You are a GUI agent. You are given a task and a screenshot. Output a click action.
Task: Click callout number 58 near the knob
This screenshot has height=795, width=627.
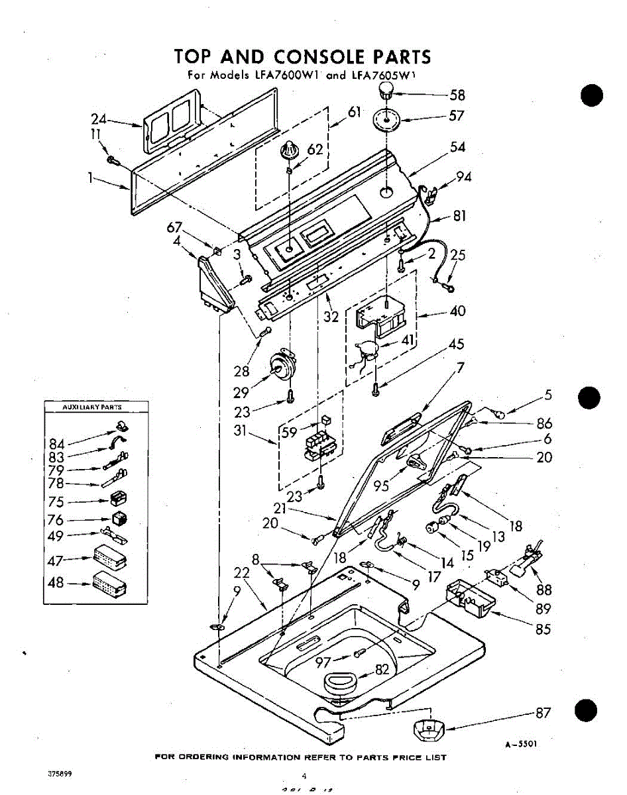point(458,95)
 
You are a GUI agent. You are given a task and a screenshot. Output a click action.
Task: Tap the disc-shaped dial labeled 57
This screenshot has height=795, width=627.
point(389,121)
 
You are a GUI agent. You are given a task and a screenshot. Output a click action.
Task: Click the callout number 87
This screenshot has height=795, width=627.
point(543,713)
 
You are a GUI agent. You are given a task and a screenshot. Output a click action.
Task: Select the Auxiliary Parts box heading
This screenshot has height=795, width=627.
point(87,407)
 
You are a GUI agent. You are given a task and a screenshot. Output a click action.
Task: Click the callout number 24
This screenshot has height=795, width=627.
point(99,120)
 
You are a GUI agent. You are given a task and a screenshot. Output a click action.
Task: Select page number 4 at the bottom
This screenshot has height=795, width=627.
point(304,776)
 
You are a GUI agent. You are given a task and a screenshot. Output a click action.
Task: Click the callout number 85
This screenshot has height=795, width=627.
point(543,629)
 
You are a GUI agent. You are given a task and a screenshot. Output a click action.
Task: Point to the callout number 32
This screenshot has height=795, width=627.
point(331,316)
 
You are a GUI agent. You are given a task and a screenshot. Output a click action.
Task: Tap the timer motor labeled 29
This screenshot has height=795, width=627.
point(282,366)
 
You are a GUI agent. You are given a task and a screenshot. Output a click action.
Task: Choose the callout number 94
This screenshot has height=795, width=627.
point(465,177)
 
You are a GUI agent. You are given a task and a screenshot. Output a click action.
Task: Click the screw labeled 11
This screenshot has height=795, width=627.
point(113,159)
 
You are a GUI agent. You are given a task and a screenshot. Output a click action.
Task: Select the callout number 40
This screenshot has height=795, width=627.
point(457,310)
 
